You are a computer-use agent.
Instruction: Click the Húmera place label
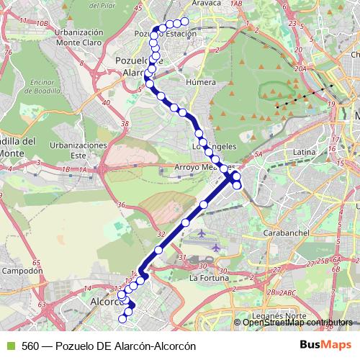[x=202, y=82]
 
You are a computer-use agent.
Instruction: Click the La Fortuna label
[x=209, y=277]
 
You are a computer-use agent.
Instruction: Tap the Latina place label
[x=305, y=153]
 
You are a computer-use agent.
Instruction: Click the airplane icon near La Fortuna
[x=201, y=235]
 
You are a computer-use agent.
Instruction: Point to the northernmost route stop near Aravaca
[x=184, y=22]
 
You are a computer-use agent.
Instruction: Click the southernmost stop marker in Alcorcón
[x=124, y=318]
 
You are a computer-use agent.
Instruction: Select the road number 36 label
[x=121, y=206]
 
